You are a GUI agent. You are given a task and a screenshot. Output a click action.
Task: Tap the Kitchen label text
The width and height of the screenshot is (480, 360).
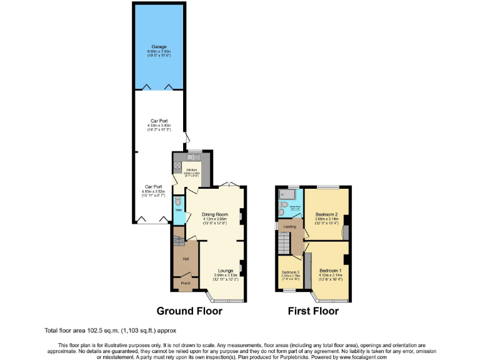click(190, 169)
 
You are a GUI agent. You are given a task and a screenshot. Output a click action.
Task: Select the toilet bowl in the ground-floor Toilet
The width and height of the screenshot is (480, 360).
click(179, 201)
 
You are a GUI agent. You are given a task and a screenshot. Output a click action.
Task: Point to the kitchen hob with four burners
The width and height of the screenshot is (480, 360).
click(177, 167)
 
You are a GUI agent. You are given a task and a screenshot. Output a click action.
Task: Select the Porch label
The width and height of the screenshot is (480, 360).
click(186, 283)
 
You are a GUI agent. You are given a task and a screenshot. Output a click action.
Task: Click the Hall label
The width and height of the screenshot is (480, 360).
click(186, 258)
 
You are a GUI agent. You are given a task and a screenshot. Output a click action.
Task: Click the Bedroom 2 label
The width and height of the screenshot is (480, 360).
click(326, 214)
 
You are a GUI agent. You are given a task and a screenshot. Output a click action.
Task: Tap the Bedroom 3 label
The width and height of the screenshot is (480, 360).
click(290, 272)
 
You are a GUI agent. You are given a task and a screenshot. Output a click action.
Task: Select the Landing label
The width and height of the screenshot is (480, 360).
click(289, 227)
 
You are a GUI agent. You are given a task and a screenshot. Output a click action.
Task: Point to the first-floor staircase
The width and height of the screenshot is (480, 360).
click(286, 241)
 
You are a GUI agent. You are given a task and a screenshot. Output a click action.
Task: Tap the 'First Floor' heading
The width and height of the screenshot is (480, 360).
click(312, 311)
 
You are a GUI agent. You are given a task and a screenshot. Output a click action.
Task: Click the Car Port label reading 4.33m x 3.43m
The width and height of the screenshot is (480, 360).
click(159, 125)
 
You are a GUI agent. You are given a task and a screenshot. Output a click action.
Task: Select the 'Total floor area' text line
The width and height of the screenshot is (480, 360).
click(106, 330)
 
